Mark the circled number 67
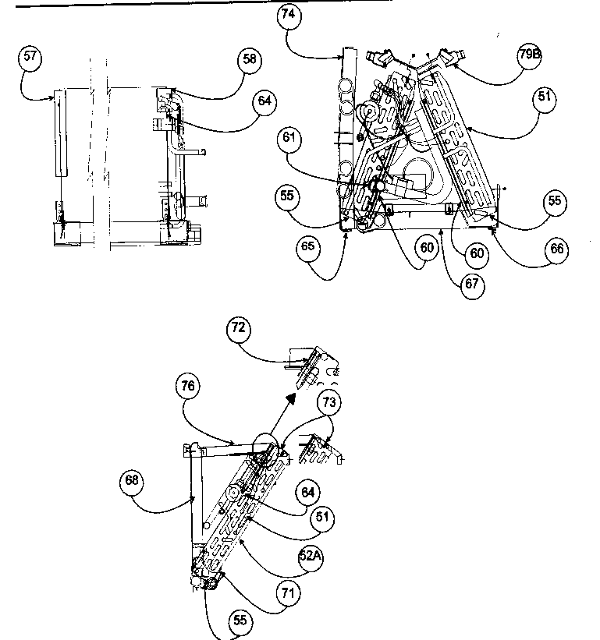click(x=471, y=284)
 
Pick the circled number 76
click(x=190, y=385)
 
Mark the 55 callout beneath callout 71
click(x=240, y=622)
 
